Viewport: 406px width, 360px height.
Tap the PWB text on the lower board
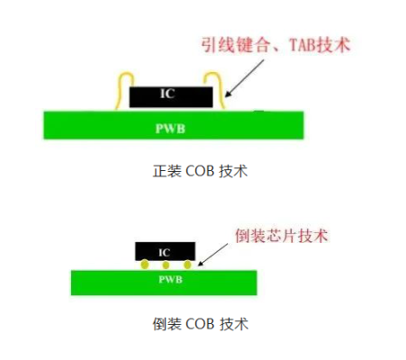[164, 281]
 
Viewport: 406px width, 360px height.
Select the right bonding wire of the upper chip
[216, 87]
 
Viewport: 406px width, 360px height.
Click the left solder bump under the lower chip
[144, 265]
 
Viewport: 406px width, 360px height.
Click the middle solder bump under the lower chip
[166, 265]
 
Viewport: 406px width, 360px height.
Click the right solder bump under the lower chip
[186, 265]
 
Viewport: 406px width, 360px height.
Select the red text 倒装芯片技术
[280, 236]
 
